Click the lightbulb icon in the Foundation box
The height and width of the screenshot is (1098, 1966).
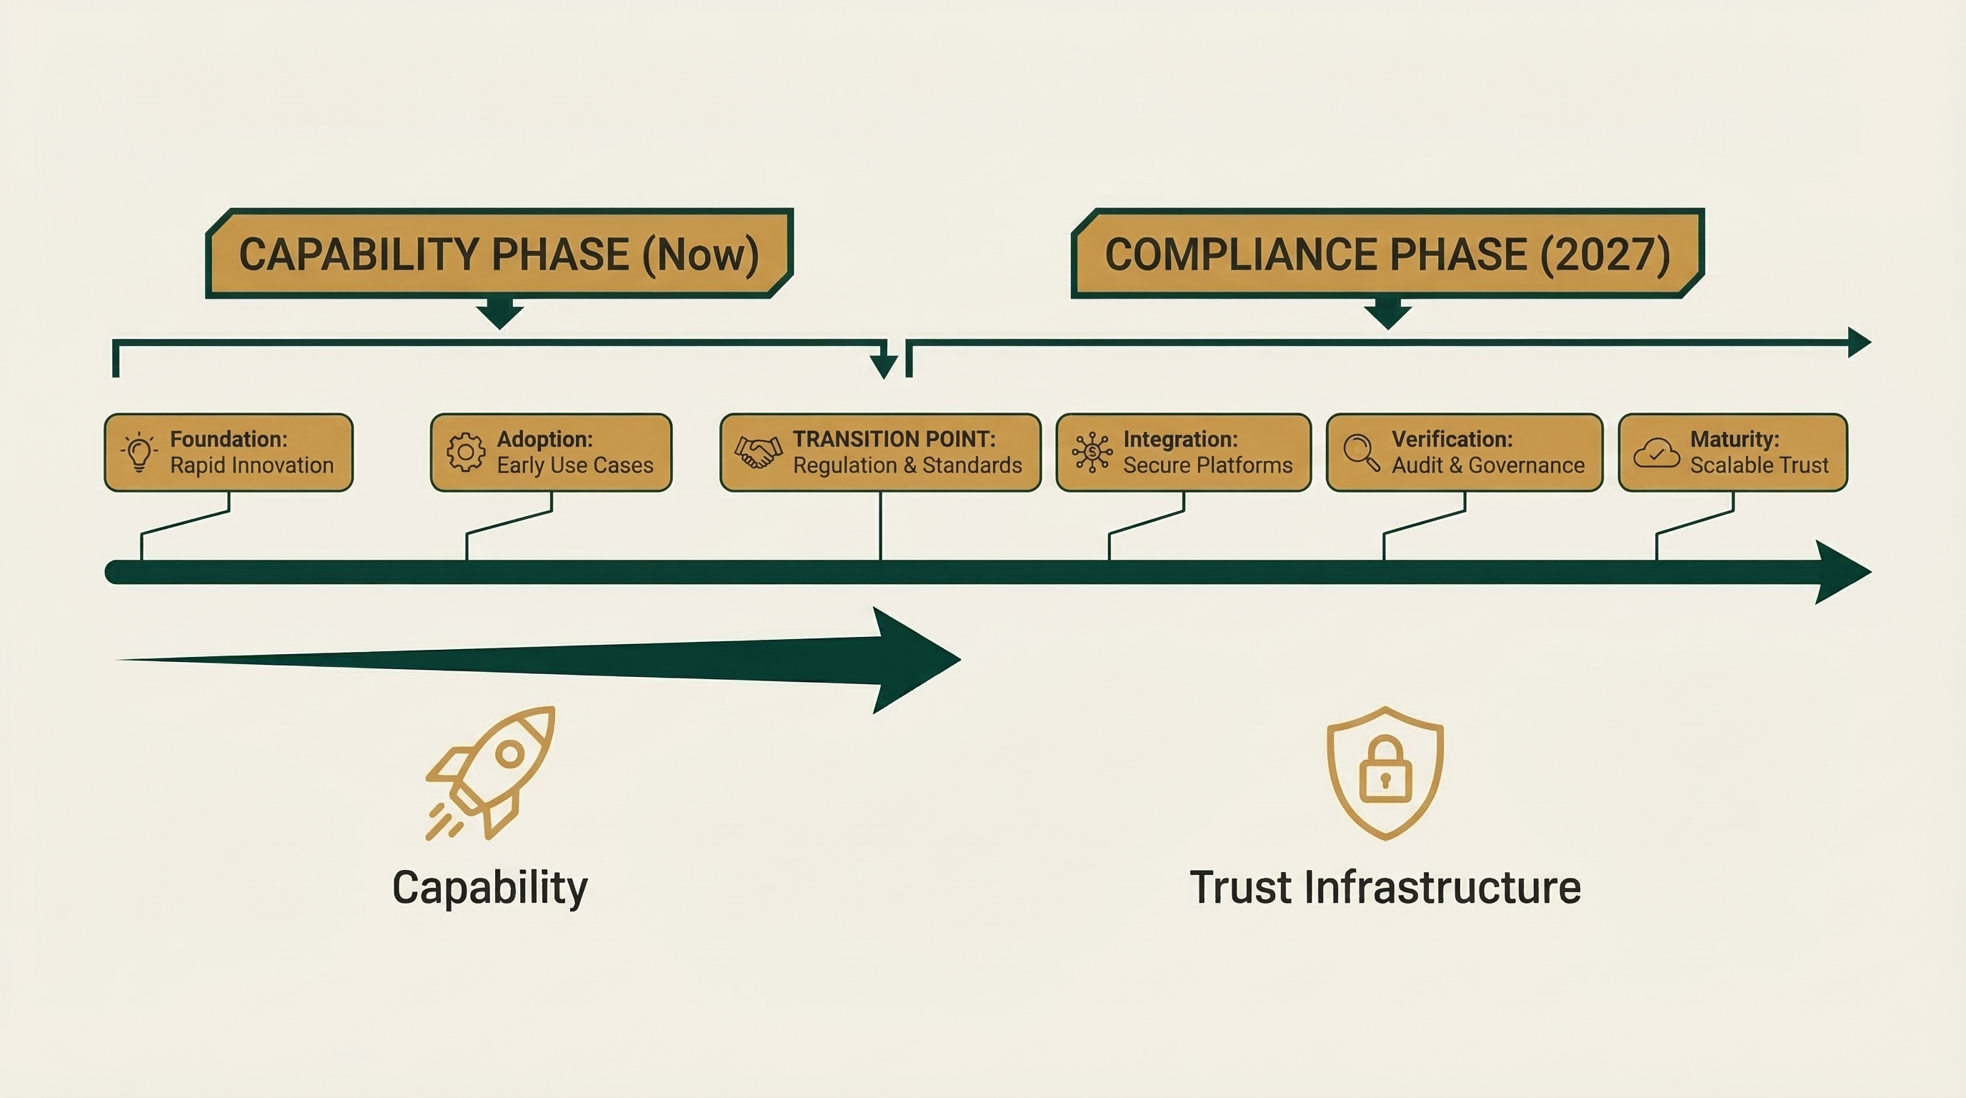pyautogui.click(x=139, y=452)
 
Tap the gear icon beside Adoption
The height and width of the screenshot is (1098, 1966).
pyautogui.click(x=466, y=452)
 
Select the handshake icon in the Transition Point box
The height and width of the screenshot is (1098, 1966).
pyautogui.click(x=758, y=452)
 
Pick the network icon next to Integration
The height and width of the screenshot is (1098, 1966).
pyautogui.click(x=1092, y=452)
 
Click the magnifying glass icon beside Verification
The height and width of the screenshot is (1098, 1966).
pyautogui.click(x=1361, y=452)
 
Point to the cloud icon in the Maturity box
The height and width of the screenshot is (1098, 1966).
pyautogui.click(x=1655, y=452)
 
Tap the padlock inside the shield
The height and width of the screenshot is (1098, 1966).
pyautogui.click(x=1385, y=770)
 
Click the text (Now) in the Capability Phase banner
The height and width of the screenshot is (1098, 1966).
pyautogui.click(x=701, y=254)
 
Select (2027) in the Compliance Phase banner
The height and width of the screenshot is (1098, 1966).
pyautogui.click(x=1605, y=254)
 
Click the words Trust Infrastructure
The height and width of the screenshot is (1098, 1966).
pyautogui.click(x=1384, y=887)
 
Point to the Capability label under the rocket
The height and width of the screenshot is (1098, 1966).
pyautogui.click(x=490, y=887)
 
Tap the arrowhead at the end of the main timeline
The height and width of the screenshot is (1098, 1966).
pyautogui.click(x=1841, y=572)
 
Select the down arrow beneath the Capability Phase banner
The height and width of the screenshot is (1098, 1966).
pyautogui.click(x=500, y=314)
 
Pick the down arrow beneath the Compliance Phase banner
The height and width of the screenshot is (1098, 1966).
pyautogui.click(x=1387, y=314)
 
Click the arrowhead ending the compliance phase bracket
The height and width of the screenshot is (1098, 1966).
pyautogui.click(x=1858, y=342)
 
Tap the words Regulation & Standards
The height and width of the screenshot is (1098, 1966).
pyautogui.click(x=907, y=465)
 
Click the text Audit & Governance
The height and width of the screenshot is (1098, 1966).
pyautogui.click(x=1487, y=465)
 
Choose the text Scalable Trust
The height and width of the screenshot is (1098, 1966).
pyautogui.click(x=1759, y=465)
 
